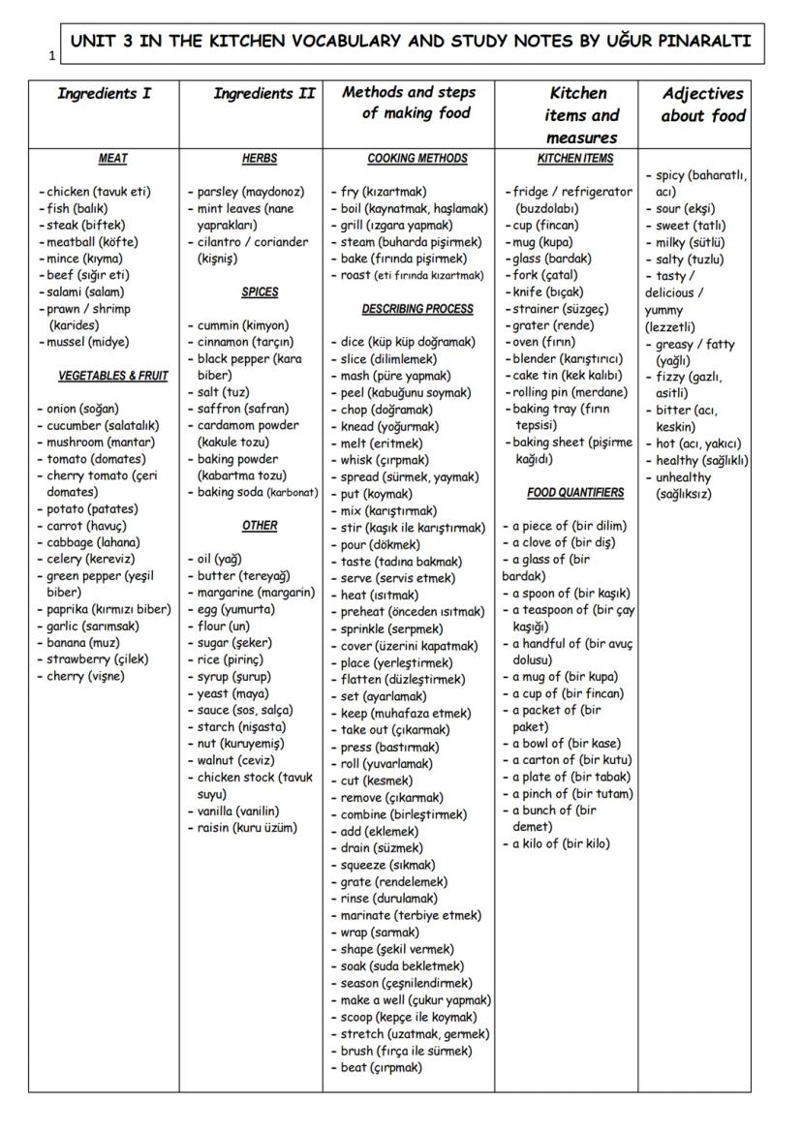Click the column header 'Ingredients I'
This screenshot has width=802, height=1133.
[104, 94]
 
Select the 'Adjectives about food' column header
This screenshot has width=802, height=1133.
[703, 105]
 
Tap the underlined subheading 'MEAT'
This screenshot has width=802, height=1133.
[113, 159]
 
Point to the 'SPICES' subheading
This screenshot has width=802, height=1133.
[260, 291]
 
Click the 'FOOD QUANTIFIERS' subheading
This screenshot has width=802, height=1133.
[575, 493]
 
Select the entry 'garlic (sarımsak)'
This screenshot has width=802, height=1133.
[92, 627]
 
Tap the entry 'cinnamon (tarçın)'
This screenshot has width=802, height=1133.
[245, 342]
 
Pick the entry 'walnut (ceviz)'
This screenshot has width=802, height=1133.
[235, 760]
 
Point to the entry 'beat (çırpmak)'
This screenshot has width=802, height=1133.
[381, 1067]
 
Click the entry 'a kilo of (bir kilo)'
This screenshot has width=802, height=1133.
[561, 843]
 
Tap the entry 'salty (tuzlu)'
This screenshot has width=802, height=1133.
[690, 259]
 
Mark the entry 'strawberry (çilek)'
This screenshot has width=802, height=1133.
[96, 659]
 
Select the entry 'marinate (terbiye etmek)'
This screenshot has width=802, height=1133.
[410, 915]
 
